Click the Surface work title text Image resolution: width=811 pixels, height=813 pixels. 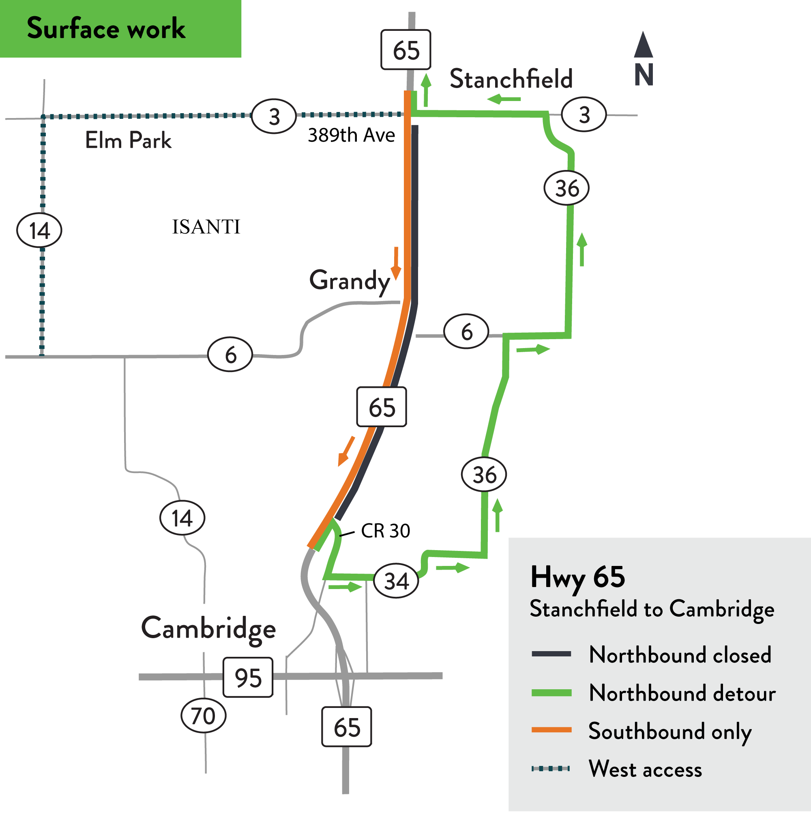106,29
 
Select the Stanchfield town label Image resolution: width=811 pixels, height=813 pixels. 511,79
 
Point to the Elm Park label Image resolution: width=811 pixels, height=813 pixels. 128,140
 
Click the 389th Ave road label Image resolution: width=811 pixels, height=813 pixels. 351,135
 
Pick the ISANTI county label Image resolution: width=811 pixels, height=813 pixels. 206,227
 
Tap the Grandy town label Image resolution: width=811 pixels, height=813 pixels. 350,281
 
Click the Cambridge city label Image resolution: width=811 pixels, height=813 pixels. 208,629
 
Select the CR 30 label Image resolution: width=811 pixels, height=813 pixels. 385,531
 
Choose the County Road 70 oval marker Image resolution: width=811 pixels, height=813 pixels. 203,716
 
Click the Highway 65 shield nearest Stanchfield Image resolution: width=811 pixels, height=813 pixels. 405,49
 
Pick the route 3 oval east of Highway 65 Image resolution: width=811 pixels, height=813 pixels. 584,114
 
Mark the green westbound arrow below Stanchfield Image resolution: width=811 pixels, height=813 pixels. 504,99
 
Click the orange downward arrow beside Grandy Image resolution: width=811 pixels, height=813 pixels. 396,263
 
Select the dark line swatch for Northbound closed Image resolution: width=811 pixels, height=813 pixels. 551,654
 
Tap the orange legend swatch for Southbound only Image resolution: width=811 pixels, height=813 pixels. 551,730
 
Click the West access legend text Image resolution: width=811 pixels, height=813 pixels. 645,769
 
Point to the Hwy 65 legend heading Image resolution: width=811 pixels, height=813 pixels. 577,577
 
